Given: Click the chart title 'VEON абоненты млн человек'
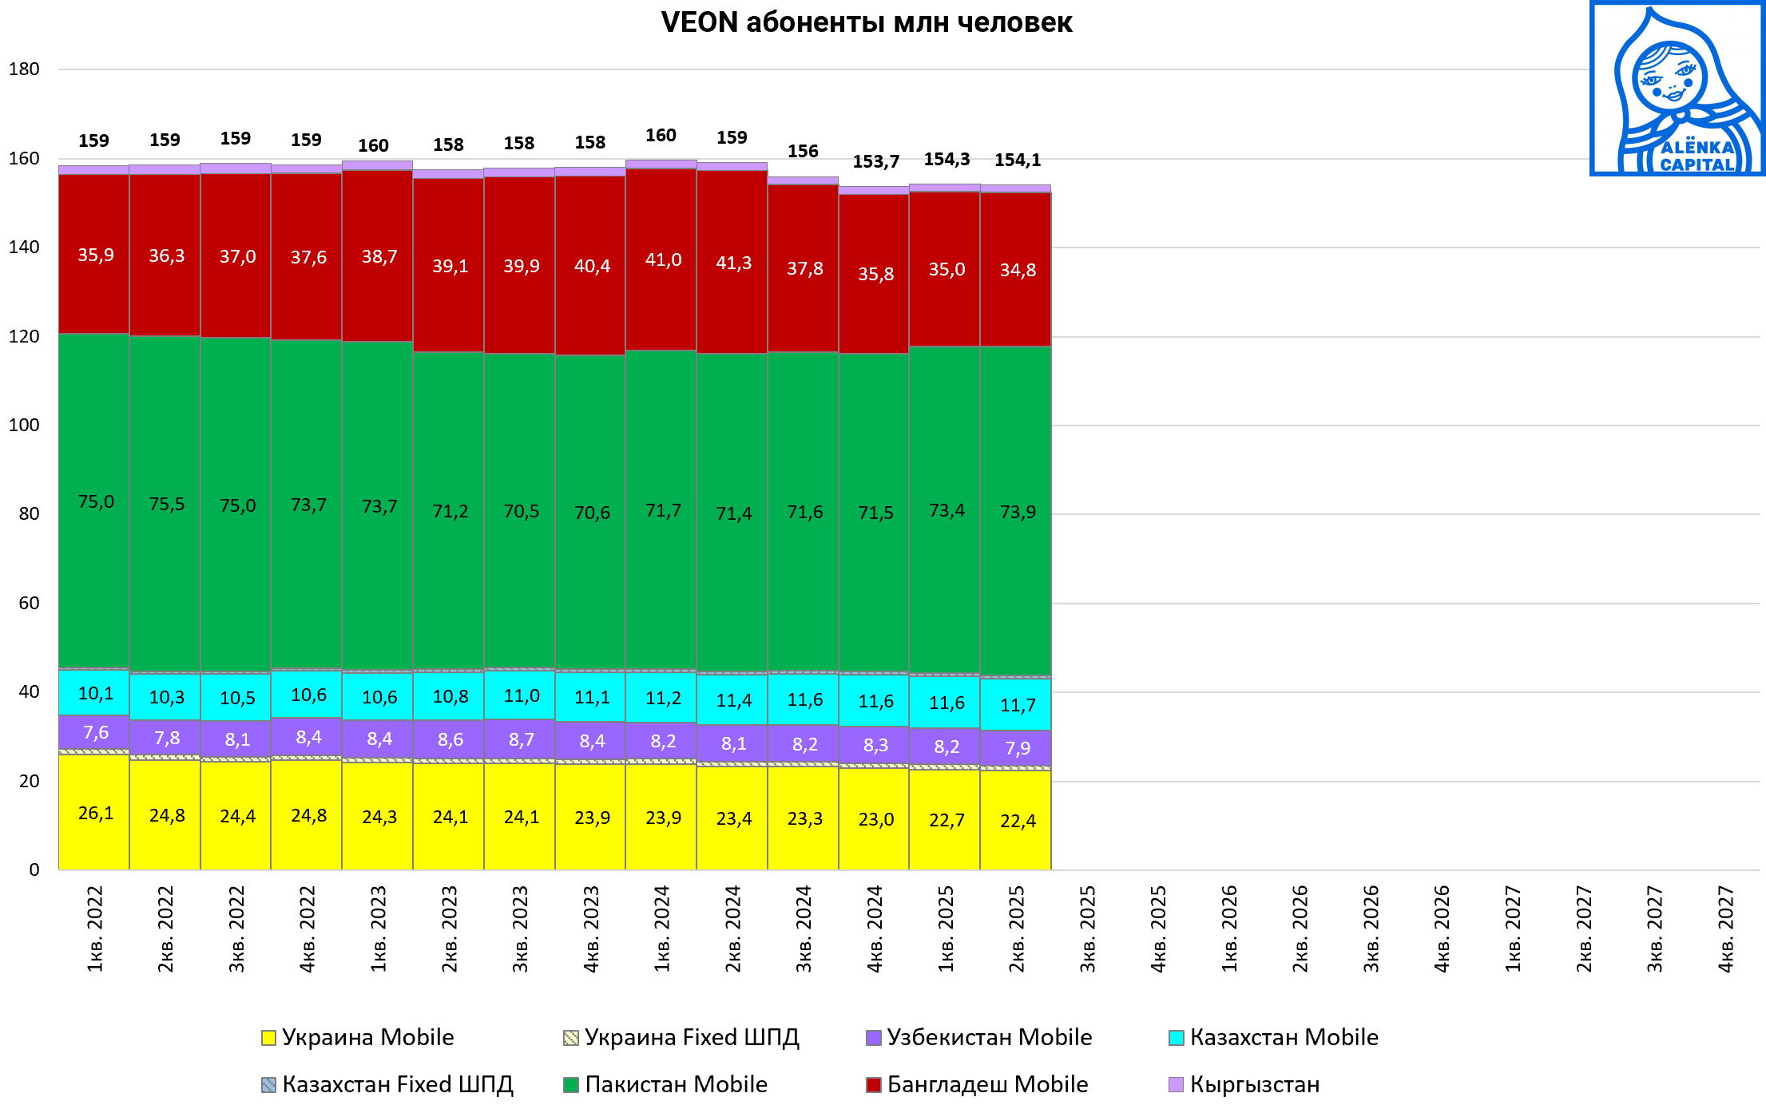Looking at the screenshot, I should [867, 22].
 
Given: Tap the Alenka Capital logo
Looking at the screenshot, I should [1677, 89].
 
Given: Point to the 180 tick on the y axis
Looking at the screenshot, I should [24, 69].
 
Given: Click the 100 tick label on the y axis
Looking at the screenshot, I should [24, 425].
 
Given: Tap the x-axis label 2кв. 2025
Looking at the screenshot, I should [1017, 929].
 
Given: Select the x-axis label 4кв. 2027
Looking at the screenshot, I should [1726, 929].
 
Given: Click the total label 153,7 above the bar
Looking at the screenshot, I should [875, 162].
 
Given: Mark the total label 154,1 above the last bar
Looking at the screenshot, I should [1018, 160].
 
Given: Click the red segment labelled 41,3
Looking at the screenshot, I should [732, 263].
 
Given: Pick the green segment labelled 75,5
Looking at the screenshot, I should [165, 504].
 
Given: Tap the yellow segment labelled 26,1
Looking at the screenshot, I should [94, 813].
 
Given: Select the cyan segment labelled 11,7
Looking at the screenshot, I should [1017, 705].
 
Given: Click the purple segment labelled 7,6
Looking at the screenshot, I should [94, 732].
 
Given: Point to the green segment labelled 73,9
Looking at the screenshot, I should [1017, 512].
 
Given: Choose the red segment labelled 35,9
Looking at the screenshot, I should [94, 255].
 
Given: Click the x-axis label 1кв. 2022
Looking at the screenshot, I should [95, 929].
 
